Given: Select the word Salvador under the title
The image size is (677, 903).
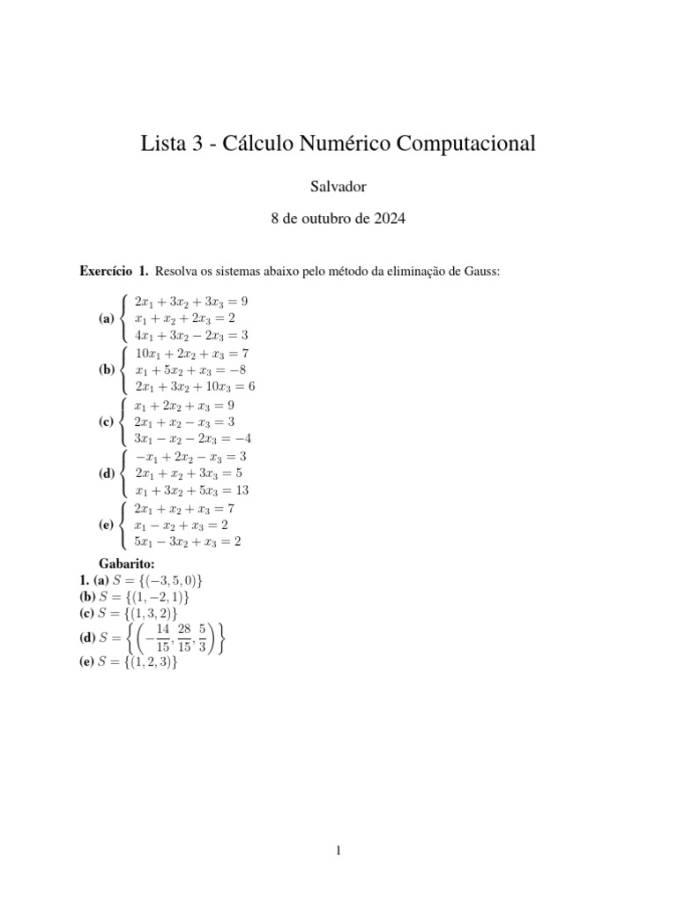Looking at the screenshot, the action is point(338,187).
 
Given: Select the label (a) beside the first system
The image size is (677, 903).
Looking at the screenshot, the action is point(108,318).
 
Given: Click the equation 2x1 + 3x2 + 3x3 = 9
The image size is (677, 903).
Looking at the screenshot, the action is point(190,302).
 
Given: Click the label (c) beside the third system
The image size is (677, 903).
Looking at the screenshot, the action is point(108,422).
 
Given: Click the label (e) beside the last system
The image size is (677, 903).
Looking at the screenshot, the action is point(108,525).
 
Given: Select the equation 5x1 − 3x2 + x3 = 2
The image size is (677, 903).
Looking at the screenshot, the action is point(187,541).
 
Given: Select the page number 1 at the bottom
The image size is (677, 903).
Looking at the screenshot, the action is point(338,849).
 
